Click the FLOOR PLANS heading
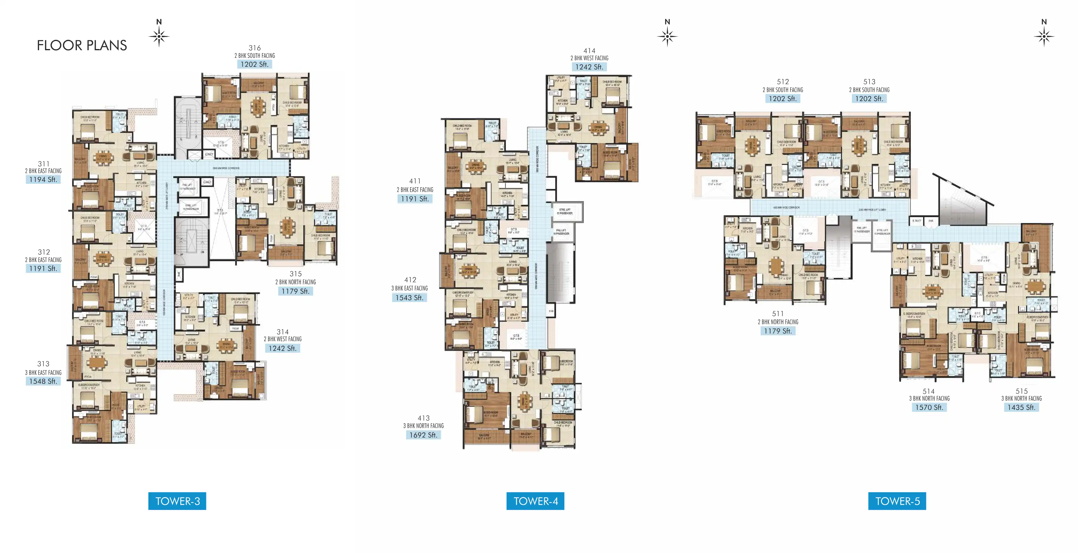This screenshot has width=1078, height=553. click(82, 45)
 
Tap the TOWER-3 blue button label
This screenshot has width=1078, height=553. click(177, 501)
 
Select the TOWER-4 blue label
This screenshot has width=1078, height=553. click(535, 501)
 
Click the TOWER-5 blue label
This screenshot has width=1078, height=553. click(897, 501)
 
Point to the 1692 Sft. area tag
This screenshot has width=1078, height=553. click(423, 435)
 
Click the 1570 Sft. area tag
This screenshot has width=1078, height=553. click(929, 407)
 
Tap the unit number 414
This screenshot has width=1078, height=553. click(589, 51)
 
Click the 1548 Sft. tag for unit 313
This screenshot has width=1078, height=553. click(43, 381)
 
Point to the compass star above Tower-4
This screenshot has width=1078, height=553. click(667, 37)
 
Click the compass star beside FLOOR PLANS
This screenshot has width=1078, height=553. click(159, 37)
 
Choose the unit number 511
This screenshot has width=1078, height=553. click(777, 314)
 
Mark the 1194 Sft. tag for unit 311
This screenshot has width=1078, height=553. click(43, 179)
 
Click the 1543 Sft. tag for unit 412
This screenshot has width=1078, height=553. click(409, 297)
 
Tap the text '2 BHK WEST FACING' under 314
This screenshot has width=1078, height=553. click(283, 339)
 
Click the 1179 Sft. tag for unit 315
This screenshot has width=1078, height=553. click(296, 291)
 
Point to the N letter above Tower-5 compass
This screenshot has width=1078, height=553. click(1044, 22)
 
